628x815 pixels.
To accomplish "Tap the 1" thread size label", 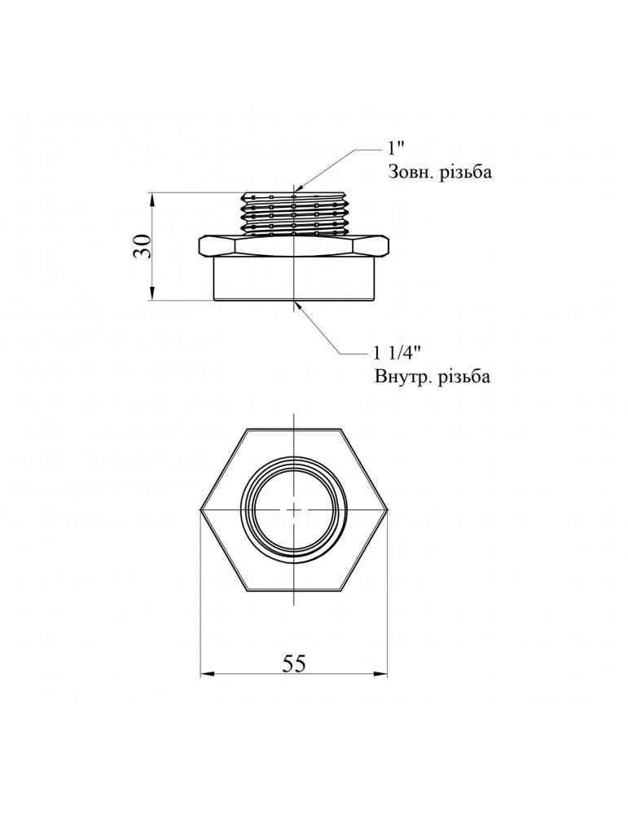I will pos(396,149).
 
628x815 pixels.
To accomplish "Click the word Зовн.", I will pos(406,173).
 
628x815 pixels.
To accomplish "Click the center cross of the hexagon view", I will pos(294,509).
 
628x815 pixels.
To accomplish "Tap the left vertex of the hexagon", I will pos(201,509).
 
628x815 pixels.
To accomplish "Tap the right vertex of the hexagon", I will pos(388,509).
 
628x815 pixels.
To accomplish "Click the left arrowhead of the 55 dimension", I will pos(205,674).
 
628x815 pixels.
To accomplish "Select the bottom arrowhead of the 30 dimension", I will pos(152,296).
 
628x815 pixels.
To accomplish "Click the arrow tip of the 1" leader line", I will pos(296,191).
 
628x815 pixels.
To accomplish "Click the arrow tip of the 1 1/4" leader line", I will pos(298,303).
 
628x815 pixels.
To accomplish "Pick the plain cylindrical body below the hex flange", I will pos(294,279).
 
